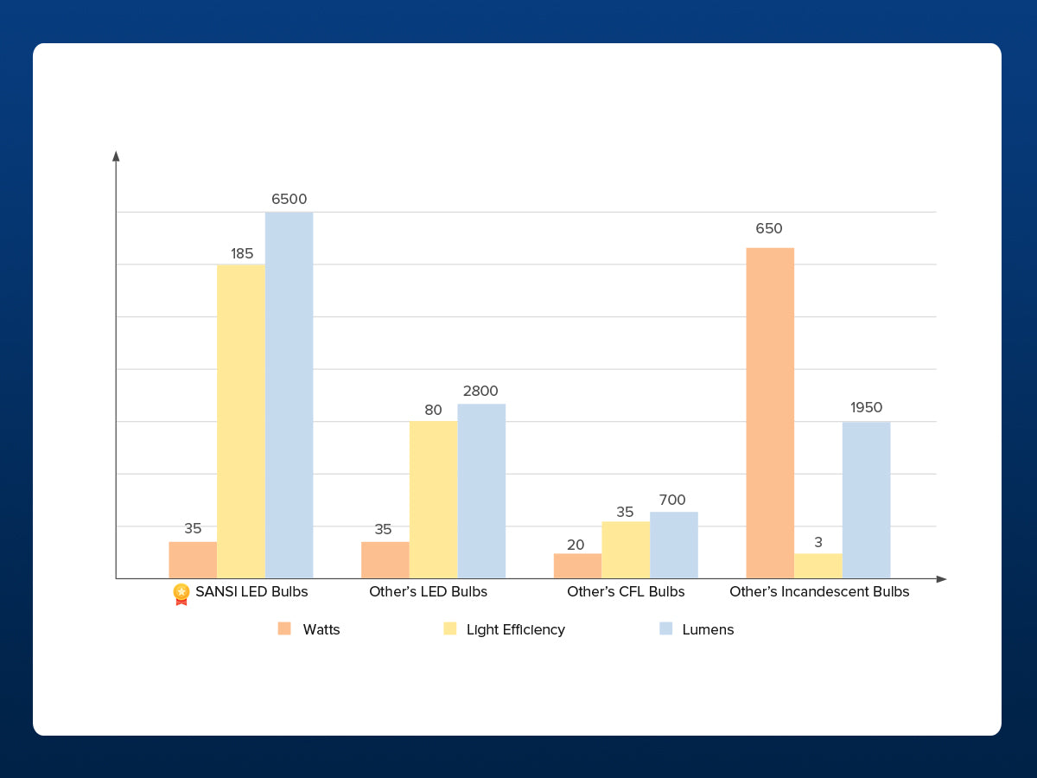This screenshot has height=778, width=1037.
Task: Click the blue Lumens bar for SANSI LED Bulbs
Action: (289, 395)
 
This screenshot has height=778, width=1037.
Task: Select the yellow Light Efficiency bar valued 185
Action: (241, 421)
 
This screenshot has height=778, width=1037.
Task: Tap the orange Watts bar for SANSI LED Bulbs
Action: (193, 560)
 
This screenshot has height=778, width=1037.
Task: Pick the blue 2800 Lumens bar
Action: (481, 491)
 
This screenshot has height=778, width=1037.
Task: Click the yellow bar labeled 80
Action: (433, 500)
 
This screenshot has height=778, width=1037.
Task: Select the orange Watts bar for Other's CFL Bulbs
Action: (577, 566)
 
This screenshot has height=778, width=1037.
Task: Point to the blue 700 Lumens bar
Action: (674, 545)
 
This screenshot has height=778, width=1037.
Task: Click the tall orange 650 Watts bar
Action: (770, 413)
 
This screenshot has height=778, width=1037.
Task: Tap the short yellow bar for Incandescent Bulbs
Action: (818, 566)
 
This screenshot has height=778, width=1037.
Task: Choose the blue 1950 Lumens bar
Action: (866, 500)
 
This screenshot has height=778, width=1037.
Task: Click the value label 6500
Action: (289, 199)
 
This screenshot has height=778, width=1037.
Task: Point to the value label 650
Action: (768, 229)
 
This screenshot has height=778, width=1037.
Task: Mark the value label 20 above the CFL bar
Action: (576, 545)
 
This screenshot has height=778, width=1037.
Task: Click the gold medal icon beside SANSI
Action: (181, 593)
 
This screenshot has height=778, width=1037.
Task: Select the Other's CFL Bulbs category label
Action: (626, 592)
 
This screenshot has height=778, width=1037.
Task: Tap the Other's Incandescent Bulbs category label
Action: (819, 592)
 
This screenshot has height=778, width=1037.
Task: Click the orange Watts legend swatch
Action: (284, 628)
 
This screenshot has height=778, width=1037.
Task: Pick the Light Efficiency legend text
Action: (516, 629)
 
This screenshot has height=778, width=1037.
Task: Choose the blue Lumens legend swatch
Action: (665, 628)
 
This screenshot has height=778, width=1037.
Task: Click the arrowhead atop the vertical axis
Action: (116, 156)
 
